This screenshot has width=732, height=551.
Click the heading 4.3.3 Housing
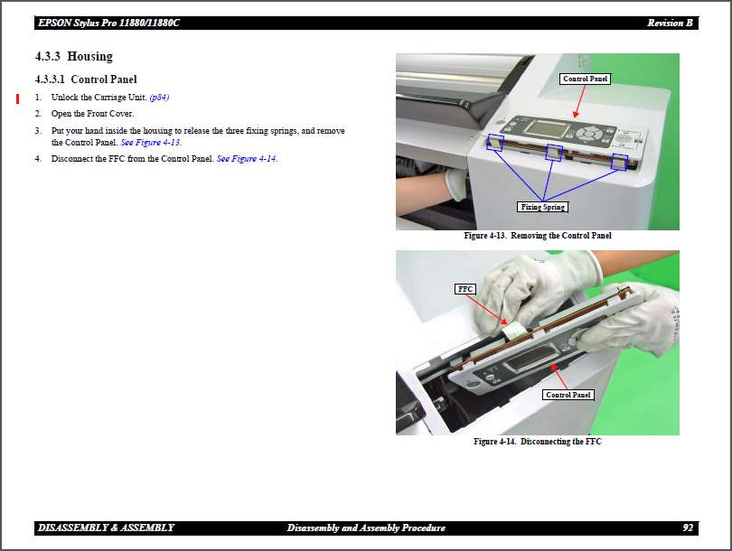pos(74,57)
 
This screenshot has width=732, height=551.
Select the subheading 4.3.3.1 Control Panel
pos(86,79)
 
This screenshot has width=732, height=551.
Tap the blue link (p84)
pos(159,97)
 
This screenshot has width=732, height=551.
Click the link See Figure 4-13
pos(151,143)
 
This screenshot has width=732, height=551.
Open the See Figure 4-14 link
pos(247,159)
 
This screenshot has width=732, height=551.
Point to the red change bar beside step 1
pos(17,98)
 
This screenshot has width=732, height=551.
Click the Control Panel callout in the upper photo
pos(585,79)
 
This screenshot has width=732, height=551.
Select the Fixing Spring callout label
pos(543,207)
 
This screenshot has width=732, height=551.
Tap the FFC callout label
pos(465,289)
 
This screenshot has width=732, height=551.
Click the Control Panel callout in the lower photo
pos(568,395)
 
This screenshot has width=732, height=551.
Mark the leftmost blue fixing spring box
pos(495,142)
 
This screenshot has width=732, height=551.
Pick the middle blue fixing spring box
pos(553,154)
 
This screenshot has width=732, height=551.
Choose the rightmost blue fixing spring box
pos(619,162)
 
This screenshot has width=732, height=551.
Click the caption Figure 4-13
pos(537,236)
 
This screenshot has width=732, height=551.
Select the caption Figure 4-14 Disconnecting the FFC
pos(537,442)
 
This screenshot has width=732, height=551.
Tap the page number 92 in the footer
pos(688,528)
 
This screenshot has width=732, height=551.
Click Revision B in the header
pos(670,23)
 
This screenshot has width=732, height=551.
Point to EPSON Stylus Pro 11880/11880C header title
pos(108,23)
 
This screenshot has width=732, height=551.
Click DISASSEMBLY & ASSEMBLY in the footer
pos(106,528)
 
